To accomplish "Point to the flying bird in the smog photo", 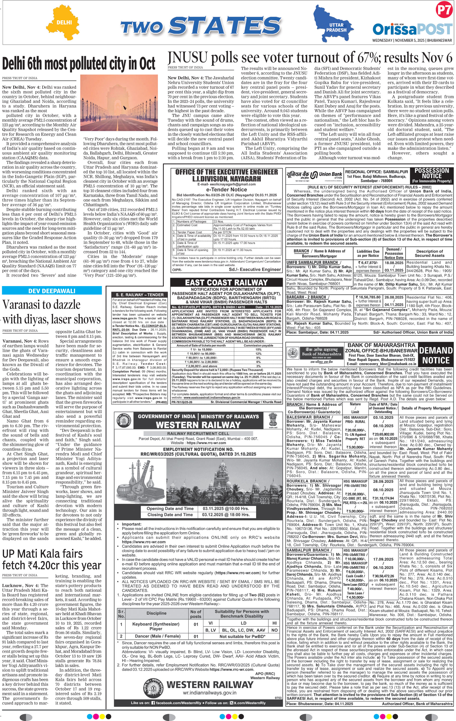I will [124, 107].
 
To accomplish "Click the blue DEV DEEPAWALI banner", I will [52, 291].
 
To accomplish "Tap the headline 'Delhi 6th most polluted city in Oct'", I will [78, 64].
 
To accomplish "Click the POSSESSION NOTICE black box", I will [431, 175].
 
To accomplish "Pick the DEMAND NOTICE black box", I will [436, 355].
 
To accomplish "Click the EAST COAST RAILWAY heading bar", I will [226, 282].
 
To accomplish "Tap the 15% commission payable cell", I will [258, 349].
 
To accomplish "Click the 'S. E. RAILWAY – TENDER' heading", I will [140, 295].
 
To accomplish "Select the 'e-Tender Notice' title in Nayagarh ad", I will [227, 189].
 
